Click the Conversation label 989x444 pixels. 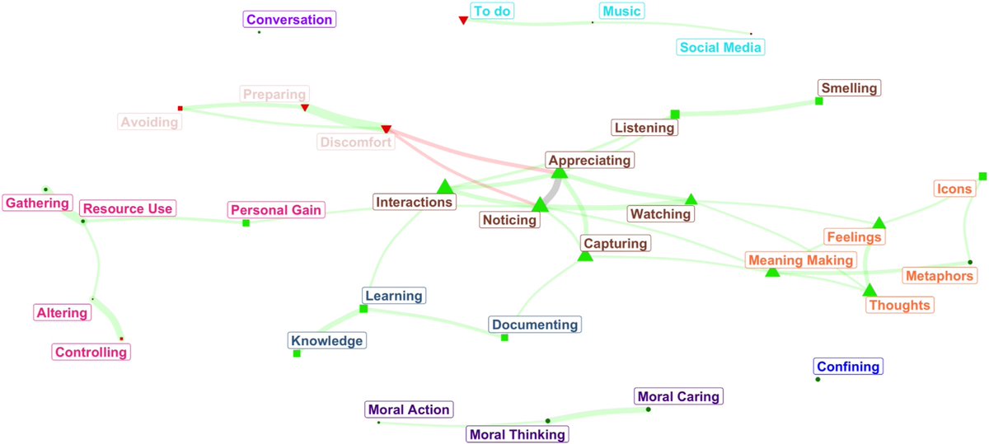coord(289,20)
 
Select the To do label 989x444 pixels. coord(492,11)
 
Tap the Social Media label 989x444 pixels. coord(721,48)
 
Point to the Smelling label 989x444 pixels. coord(849,88)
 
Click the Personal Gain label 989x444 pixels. coord(277,210)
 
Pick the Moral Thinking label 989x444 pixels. coord(518,434)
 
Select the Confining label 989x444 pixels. coord(848,367)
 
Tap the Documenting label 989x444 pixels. coord(535,325)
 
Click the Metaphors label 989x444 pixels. coord(940,275)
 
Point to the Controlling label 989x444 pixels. coord(91,353)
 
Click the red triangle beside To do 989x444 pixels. coord(463,20)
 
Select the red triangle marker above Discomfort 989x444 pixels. coord(386,129)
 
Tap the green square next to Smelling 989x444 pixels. coord(818,100)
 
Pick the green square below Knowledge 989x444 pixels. coord(297,353)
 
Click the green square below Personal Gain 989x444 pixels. coord(246,223)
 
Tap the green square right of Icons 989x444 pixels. coord(982,176)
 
